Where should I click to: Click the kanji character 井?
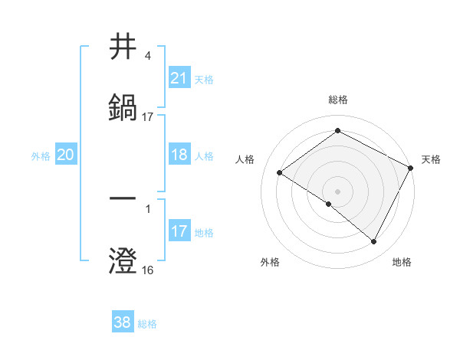(123, 47)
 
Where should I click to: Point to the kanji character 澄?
(123, 260)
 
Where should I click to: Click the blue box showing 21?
(179, 77)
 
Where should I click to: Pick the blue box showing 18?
(179, 154)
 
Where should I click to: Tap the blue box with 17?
(179, 231)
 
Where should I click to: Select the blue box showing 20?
(66, 155)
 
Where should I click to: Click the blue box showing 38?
(123, 322)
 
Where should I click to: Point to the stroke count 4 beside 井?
(147, 56)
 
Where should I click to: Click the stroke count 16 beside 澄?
(147, 270)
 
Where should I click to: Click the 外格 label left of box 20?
(41, 155)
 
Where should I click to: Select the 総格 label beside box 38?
(147, 324)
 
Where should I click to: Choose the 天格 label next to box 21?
(204, 79)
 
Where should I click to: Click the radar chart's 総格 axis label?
(338, 100)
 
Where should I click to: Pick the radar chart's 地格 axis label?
(402, 263)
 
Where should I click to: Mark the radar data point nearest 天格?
(411, 168)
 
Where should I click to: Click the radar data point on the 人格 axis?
(280, 173)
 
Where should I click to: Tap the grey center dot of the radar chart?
(338, 191)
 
